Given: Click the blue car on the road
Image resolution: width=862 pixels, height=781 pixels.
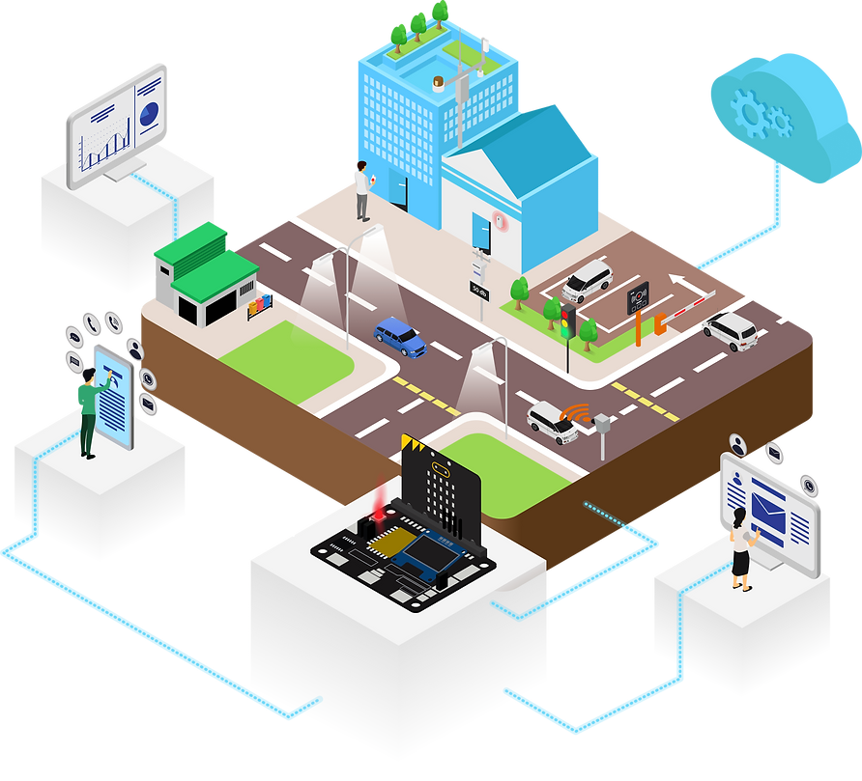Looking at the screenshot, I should point(399,336).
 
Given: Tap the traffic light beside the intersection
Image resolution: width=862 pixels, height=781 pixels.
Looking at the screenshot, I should point(568,320).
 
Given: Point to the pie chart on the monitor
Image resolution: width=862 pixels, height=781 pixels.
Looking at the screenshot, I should point(148,114).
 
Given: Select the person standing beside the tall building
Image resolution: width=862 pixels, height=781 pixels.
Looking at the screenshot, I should point(362,191).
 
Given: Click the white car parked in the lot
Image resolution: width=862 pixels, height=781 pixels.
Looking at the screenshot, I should point(588,281).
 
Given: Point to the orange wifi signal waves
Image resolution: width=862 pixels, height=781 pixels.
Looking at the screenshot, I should point(577,414).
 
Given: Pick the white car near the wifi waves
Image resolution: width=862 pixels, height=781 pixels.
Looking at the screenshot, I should point(552,423).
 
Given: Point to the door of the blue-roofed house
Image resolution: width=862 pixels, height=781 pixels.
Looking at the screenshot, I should point(480,234).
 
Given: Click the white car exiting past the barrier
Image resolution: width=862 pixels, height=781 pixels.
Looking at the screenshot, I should point(731,330).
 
